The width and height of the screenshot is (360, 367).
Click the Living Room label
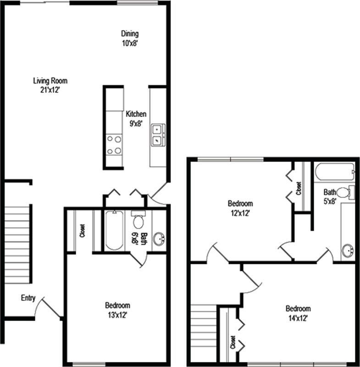[50, 85]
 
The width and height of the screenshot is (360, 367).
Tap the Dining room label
[130, 39]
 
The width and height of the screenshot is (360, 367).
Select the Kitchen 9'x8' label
[136, 119]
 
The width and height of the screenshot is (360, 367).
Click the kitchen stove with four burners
[114, 145]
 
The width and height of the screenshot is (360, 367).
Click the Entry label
[28, 298]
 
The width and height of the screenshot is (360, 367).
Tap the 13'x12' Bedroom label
[118, 311]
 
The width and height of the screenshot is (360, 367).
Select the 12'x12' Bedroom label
[240, 208]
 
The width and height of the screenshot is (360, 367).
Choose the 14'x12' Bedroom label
[298, 313]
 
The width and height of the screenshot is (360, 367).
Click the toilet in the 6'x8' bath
[138, 220]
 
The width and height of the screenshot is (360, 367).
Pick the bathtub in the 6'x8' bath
[114, 230]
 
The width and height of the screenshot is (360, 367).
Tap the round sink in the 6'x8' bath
[160, 239]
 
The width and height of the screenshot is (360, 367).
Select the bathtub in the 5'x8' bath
[335, 172]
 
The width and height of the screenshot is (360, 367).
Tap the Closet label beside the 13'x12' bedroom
[83, 231]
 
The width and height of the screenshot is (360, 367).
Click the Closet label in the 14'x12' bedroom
[233, 342]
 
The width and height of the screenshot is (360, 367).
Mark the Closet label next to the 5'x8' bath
[299, 188]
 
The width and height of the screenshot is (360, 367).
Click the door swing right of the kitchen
[158, 194]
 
